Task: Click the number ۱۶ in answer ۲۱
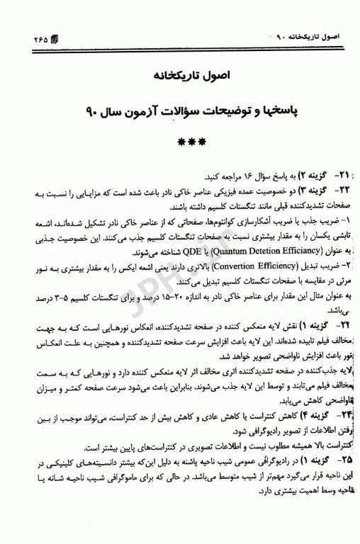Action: click(223, 175)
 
